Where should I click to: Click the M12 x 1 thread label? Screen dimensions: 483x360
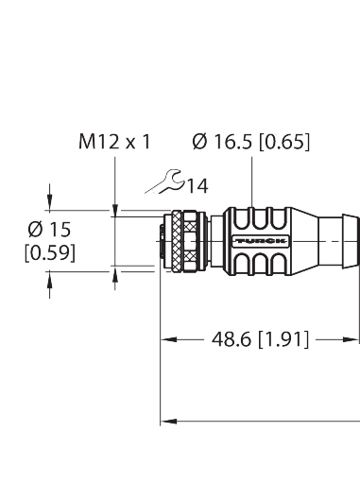tap(113, 143)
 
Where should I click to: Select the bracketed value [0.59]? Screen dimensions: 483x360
tap(49, 252)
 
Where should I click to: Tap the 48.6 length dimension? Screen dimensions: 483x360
tap(226, 338)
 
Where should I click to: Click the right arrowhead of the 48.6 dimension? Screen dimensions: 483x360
tap(354, 338)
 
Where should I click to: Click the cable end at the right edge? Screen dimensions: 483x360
tap(342, 243)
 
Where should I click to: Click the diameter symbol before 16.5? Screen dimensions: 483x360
tap(199, 143)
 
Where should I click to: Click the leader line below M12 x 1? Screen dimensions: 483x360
tap(114, 180)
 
